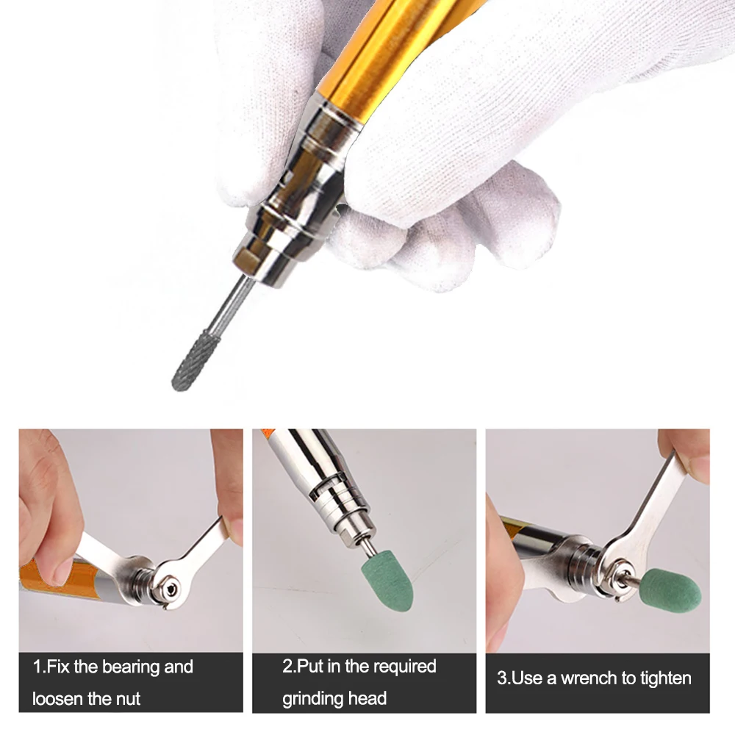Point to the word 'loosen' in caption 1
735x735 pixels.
(x=57, y=698)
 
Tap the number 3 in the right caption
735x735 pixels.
(x=502, y=678)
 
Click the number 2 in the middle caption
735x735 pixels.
(x=287, y=667)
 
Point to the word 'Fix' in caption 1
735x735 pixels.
(x=57, y=667)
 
